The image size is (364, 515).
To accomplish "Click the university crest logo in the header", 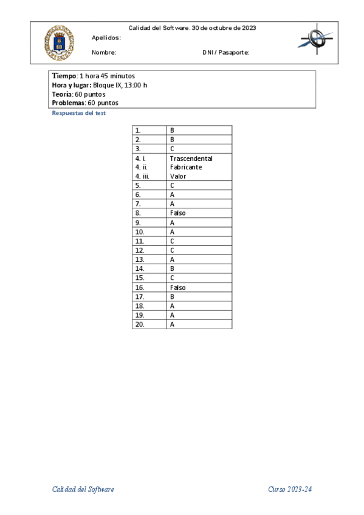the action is click(59, 43).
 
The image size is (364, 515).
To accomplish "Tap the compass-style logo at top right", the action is click(316, 39).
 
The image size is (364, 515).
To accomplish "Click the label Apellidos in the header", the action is click(106, 38).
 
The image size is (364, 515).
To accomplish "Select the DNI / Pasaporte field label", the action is click(226, 52).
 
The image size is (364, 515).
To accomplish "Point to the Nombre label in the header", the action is click(103, 52).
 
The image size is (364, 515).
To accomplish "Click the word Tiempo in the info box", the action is click(64, 76).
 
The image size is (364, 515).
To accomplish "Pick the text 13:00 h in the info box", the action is click(136, 85).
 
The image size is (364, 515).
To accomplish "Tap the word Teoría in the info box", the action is click(63, 94).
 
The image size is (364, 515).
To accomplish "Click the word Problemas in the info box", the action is click(68, 103).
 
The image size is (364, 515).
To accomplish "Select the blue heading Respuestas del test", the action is click(79, 114).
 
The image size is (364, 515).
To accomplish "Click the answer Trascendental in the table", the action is click(191, 159).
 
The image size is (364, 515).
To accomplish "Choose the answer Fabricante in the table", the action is click(186, 167).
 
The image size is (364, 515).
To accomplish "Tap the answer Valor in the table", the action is click(178, 176).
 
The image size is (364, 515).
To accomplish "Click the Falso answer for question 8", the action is click(178, 213).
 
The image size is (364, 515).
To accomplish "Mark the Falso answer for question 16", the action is click(178, 287).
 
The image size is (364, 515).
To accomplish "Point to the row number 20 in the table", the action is click(140, 324).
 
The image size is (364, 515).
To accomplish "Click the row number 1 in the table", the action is click(138, 130).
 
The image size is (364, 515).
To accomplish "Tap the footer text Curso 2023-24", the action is click(290, 489).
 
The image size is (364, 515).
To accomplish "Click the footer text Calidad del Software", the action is click(83, 489).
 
